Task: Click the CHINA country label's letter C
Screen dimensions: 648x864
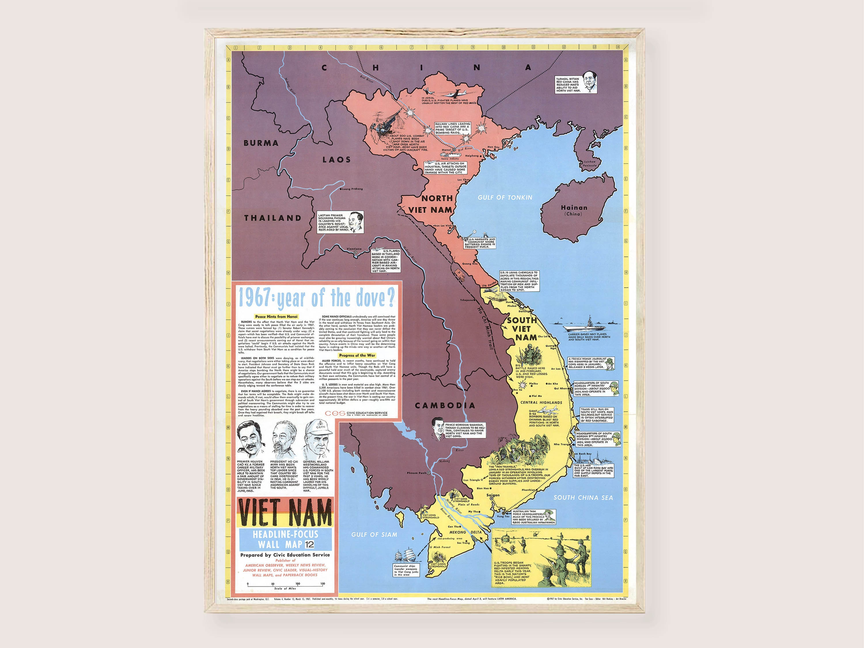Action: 324,68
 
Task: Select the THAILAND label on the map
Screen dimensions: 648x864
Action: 273,218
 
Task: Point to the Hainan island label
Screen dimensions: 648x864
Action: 574,208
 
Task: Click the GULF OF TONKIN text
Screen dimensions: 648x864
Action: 505,198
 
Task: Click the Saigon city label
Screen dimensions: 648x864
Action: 493,495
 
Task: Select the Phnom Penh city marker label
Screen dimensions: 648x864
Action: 417,473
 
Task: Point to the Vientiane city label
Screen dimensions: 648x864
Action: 354,249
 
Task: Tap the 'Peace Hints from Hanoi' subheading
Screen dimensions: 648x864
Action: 276,317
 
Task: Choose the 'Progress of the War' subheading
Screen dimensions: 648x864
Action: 357,355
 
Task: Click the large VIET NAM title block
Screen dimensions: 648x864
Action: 285,512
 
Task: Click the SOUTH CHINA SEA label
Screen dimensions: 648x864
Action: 583,498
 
